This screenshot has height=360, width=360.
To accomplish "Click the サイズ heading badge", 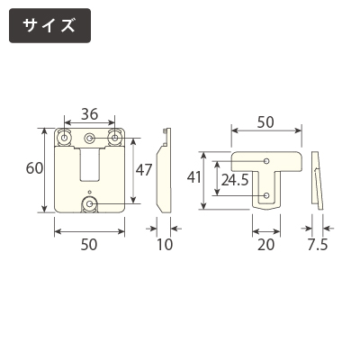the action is (x=49, y=25).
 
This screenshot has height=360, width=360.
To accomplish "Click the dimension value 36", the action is (x=89, y=114).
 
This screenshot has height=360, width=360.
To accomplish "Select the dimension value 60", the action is (x=34, y=168).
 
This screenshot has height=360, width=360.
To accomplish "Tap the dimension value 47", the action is (x=144, y=170).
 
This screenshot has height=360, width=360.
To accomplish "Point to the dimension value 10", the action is (x=165, y=245).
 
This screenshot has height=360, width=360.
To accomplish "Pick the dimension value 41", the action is (x=193, y=178).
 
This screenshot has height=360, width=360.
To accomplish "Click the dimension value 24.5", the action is (x=235, y=180).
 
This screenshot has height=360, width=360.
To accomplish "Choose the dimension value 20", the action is (x=266, y=245).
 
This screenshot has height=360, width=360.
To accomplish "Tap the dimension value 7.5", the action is (x=318, y=245).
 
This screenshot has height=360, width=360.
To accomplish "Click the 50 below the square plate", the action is (x=89, y=245).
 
